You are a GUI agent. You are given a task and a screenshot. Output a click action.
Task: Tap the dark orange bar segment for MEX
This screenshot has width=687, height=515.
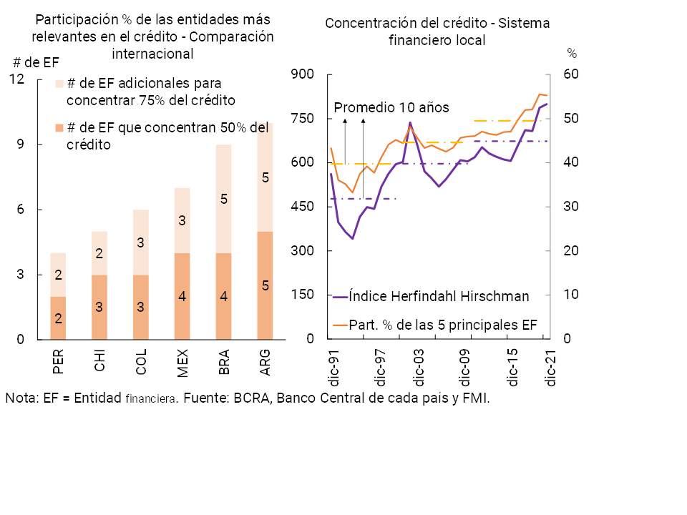(x=182, y=296)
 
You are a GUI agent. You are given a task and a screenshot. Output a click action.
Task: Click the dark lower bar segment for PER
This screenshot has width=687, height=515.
(x=58, y=318)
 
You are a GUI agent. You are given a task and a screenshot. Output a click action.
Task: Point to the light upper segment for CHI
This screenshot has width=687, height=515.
(x=99, y=253)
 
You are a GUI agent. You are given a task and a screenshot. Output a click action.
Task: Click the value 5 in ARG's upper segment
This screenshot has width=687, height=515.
(x=265, y=177)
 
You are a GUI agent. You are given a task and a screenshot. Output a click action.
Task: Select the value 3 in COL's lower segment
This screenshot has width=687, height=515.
(x=141, y=308)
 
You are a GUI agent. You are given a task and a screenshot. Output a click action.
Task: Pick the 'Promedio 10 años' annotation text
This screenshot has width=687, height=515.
(x=391, y=108)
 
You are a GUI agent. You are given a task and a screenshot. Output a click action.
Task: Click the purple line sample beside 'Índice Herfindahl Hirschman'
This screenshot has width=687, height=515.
(x=341, y=296)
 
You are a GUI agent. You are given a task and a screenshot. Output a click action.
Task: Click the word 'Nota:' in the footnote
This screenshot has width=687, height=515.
(x=21, y=398)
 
